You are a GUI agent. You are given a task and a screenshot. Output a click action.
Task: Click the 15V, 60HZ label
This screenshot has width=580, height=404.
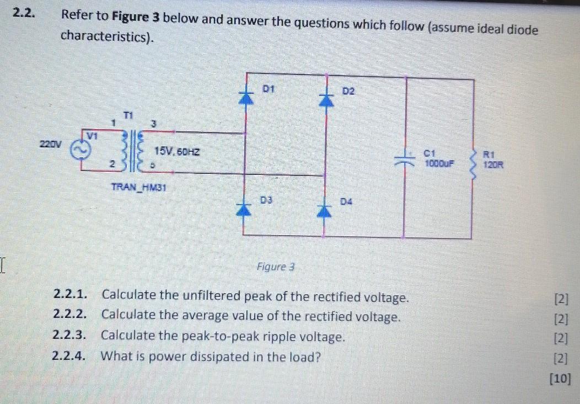point(177,151)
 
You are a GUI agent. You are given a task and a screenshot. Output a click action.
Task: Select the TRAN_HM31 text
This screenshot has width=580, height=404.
point(141,187)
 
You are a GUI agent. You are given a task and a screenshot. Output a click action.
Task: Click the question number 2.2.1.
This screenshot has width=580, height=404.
point(71,295)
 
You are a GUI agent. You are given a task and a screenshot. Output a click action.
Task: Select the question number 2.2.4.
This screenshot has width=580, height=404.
point(70,356)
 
